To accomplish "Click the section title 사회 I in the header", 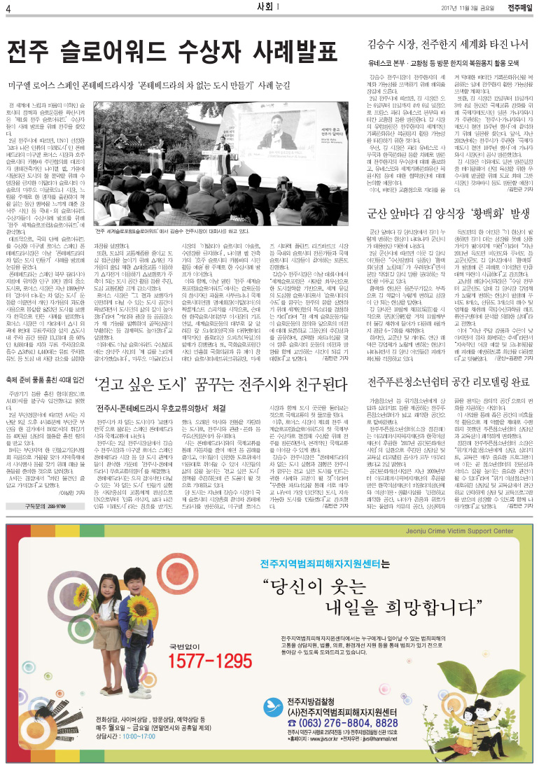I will coord(269,8).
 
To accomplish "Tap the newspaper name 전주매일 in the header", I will coord(519,8).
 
